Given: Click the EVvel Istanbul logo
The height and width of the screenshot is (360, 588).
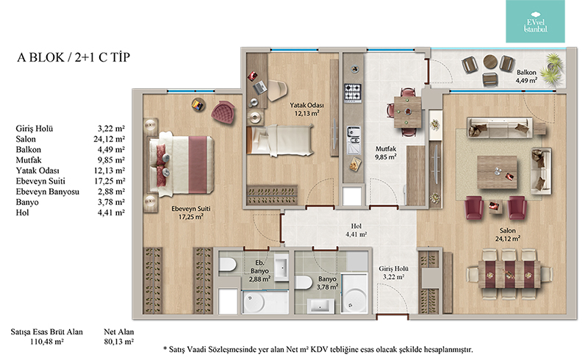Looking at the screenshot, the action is [535, 21].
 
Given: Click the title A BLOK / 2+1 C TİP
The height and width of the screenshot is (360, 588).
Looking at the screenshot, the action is [73, 57].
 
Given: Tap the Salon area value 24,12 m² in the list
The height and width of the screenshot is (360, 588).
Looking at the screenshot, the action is [109, 139].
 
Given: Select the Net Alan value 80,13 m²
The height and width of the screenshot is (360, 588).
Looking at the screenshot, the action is [119, 342].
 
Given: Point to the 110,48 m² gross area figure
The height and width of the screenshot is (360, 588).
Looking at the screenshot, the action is [47, 342].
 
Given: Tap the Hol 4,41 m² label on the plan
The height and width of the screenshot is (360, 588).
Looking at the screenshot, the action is [356, 230].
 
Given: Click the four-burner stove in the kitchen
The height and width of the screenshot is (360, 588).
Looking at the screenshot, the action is [353, 93].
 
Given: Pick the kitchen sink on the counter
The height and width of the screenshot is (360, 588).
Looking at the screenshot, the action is [354, 140].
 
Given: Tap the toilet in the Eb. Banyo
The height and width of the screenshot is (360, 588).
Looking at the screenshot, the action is [228, 264].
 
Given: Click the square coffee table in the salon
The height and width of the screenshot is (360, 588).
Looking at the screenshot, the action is [497, 173].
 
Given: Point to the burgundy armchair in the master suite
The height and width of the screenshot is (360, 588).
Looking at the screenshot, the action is [223, 112].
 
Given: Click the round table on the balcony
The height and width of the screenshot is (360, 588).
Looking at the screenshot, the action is [490, 62].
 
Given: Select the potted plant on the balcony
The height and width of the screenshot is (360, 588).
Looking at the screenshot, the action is [553, 68].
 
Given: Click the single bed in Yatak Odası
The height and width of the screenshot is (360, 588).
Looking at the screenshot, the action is [280, 140].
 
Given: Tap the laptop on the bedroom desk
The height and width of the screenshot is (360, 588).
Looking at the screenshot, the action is [260, 87].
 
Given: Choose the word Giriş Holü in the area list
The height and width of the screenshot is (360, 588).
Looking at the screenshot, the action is [35, 129].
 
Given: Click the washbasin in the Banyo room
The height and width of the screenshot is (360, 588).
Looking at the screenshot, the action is [320, 306].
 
